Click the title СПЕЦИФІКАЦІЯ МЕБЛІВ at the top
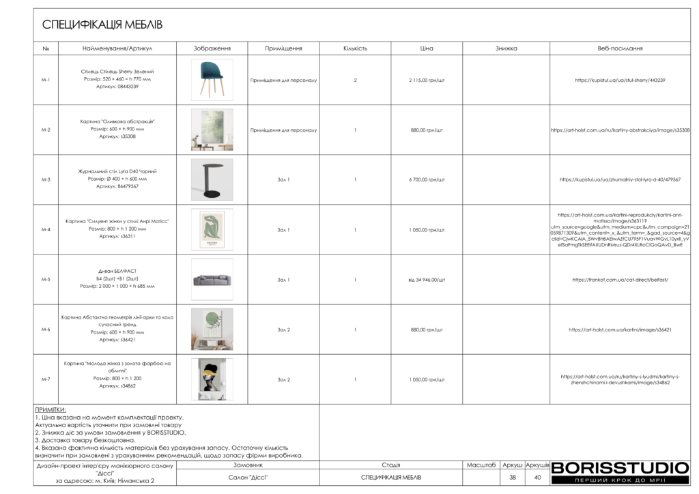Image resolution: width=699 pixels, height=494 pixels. pyautogui.click(x=102, y=25)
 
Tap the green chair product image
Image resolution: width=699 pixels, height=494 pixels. pyautogui.click(x=212, y=80)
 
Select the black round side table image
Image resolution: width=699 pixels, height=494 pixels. pyautogui.click(x=212, y=179)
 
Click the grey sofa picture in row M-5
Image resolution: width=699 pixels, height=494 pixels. pyautogui.click(x=212, y=280)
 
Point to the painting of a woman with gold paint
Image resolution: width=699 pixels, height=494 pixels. pyautogui.click(x=212, y=379)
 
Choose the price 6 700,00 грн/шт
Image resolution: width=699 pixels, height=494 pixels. pyautogui.click(x=427, y=179)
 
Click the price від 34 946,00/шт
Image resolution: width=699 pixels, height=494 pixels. pyautogui.click(x=427, y=280)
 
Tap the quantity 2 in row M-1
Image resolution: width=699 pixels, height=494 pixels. pyautogui.click(x=355, y=80)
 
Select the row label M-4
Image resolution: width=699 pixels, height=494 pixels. pyautogui.click(x=46, y=230)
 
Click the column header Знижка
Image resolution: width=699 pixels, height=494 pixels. pyautogui.click(x=506, y=48)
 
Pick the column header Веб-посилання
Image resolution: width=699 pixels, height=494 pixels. pyautogui.click(x=620, y=48)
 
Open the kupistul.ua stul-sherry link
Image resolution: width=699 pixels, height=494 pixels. pyautogui.click(x=620, y=80)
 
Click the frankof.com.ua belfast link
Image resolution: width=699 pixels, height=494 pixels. pyautogui.click(x=620, y=280)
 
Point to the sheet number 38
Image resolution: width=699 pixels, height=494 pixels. pyautogui.click(x=512, y=477)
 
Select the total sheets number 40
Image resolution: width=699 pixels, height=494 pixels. pyautogui.click(x=537, y=477)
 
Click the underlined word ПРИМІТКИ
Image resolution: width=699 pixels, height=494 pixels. pyautogui.click(x=51, y=409)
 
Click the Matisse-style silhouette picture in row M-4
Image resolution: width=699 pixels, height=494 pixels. pyautogui.click(x=212, y=230)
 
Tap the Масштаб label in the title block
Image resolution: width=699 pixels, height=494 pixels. pyautogui.click(x=481, y=465)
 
